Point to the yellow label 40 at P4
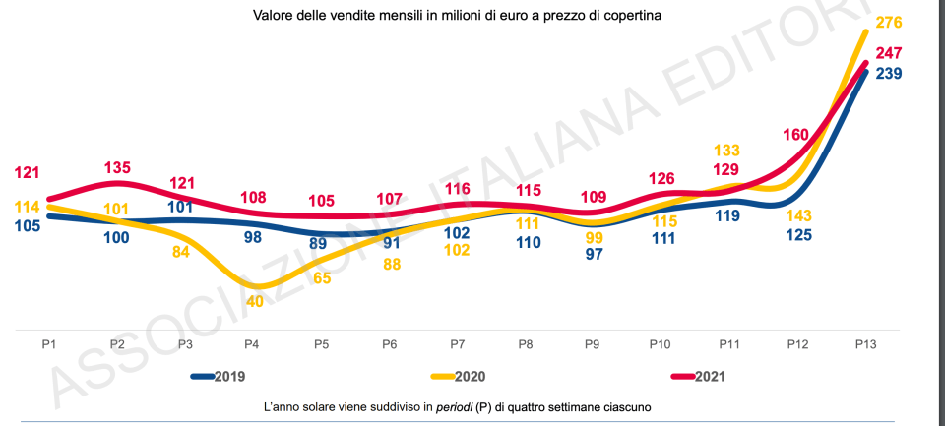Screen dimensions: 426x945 [x=254, y=301]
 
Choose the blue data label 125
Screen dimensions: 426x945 [x=798, y=236]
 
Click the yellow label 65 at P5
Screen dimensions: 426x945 [x=322, y=277]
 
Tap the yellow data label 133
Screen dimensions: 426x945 [x=725, y=150]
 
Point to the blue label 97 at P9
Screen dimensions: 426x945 [x=594, y=255]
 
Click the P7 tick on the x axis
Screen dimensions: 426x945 [x=458, y=345]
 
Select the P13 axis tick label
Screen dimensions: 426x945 [x=865, y=345]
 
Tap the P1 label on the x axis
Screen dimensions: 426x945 [x=47, y=345]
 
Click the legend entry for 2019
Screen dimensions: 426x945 [x=218, y=376]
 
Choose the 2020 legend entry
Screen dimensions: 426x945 [x=459, y=376]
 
